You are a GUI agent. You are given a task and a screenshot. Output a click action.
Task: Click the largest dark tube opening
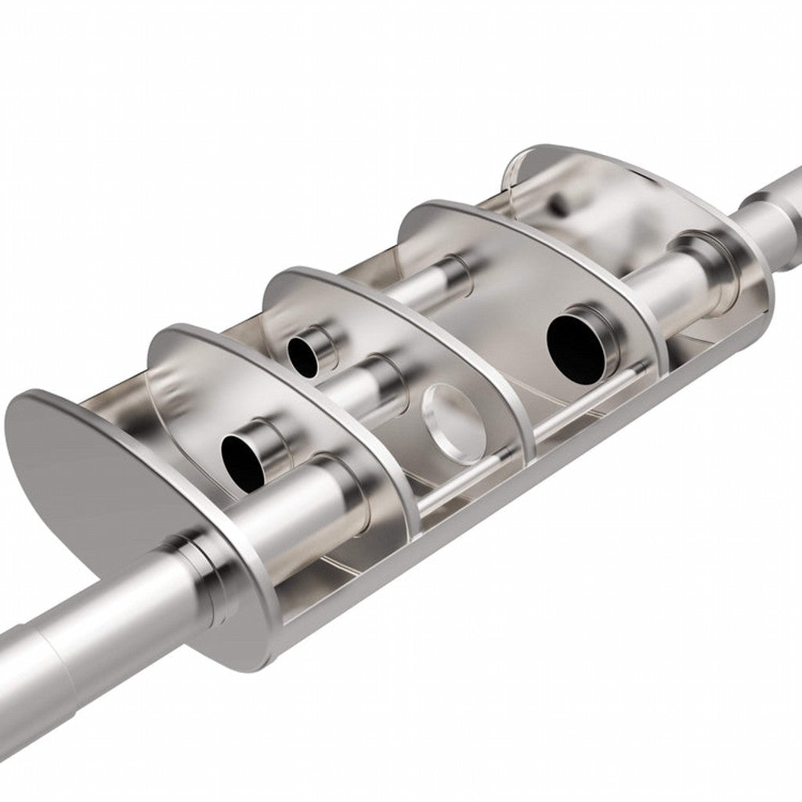(x=576, y=348)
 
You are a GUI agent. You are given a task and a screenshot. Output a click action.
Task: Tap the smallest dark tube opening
(x=302, y=354)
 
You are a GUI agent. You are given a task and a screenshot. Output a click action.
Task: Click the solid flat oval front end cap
(x=78, y=470)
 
